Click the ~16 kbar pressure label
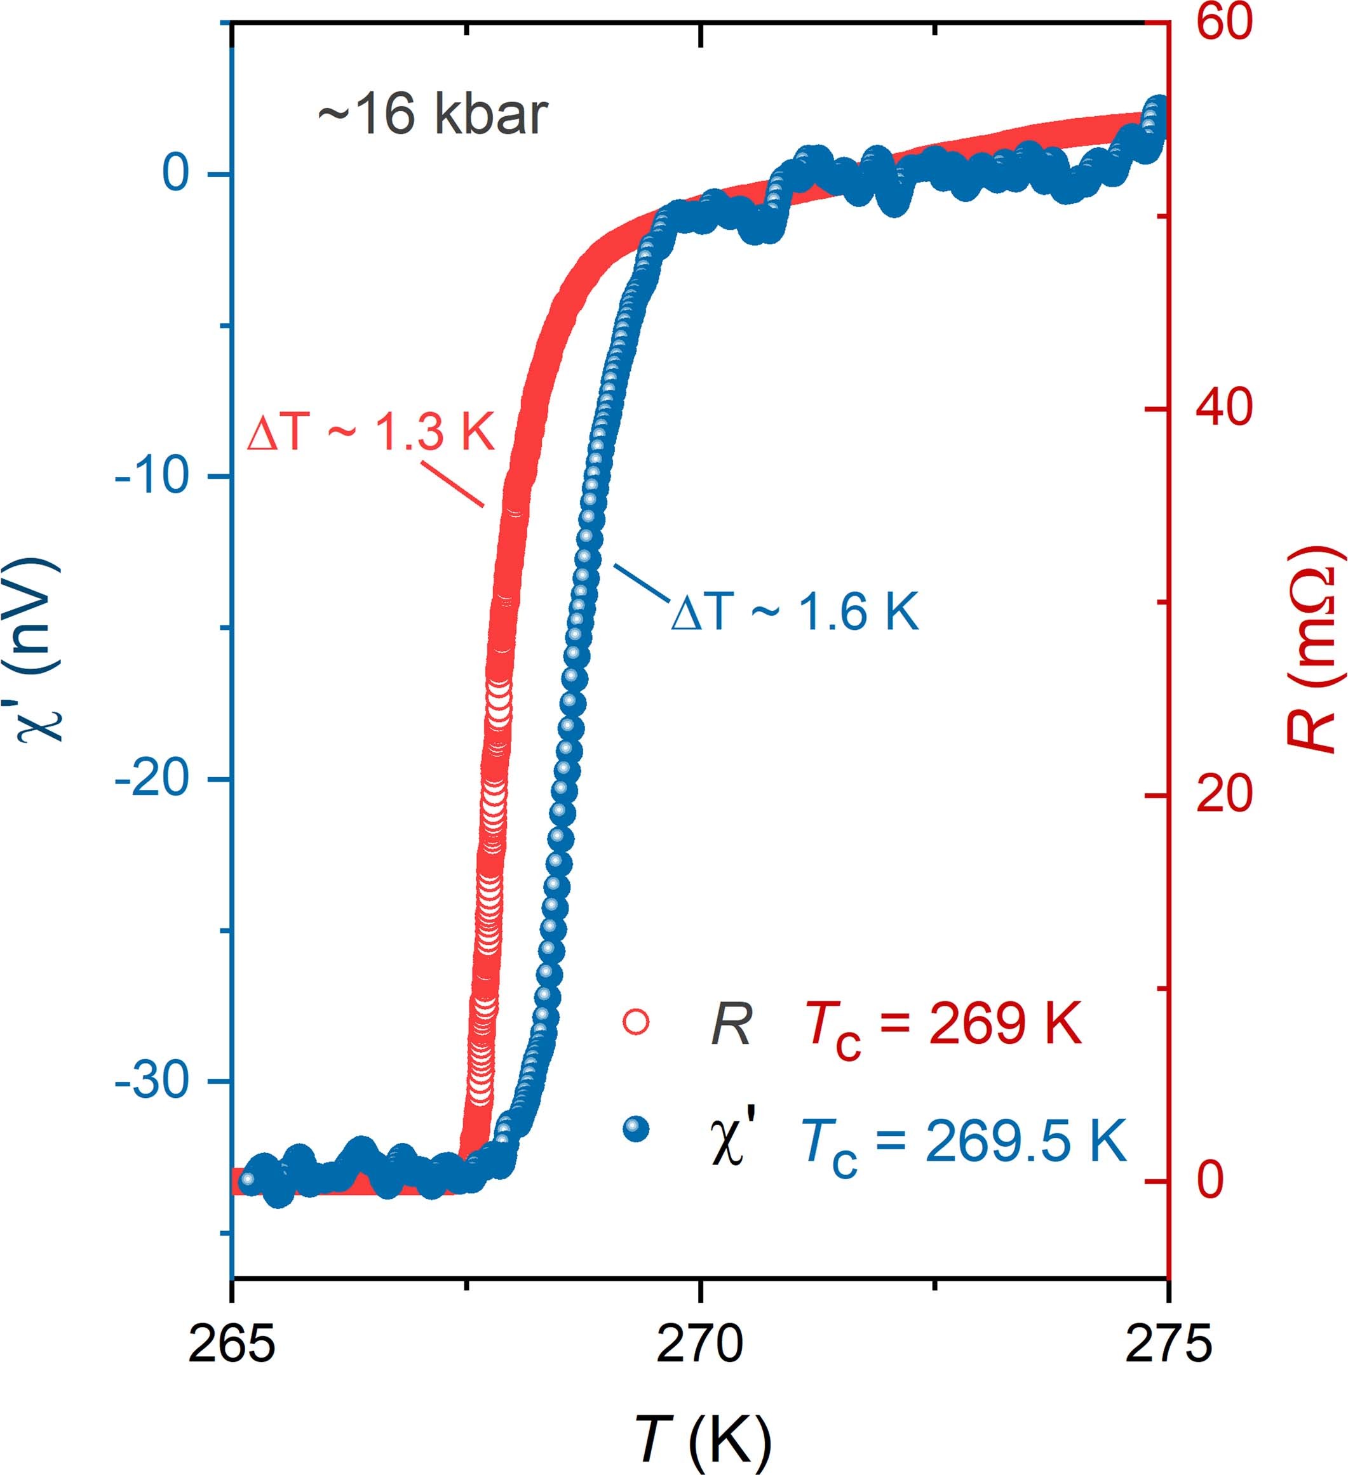pyautogui.click(x=433, y=115)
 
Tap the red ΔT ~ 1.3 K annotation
pyautogui.click(x=371, y=432)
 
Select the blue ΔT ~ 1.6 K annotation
pyautogui.click(x=795, y=611)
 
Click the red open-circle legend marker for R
pyautogui.click(x=636, y=1022)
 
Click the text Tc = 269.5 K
pyautogui.click(x=963, y=1142)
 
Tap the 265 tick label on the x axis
pyautogui.click(x=232, y=1345)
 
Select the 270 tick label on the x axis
pyautogui.click(x=700, y=1345)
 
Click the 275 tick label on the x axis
pyautogui.click(x=1168, y=1345)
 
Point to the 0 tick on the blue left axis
pyautogui.click(x=175, y=174)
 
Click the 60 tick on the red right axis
pyautogui.click(x=1223, y=22)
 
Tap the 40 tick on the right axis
pyautogui.click(x=1223, y=408)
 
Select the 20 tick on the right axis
pyautogui.click(x=1223, y=794)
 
